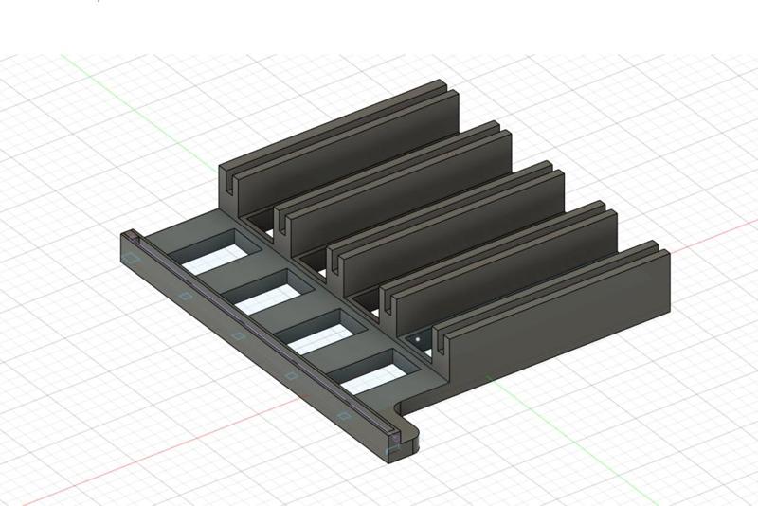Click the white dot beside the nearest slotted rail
point(416,335)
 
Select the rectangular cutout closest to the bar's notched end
point(370,371)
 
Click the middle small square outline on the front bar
point(238,334)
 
